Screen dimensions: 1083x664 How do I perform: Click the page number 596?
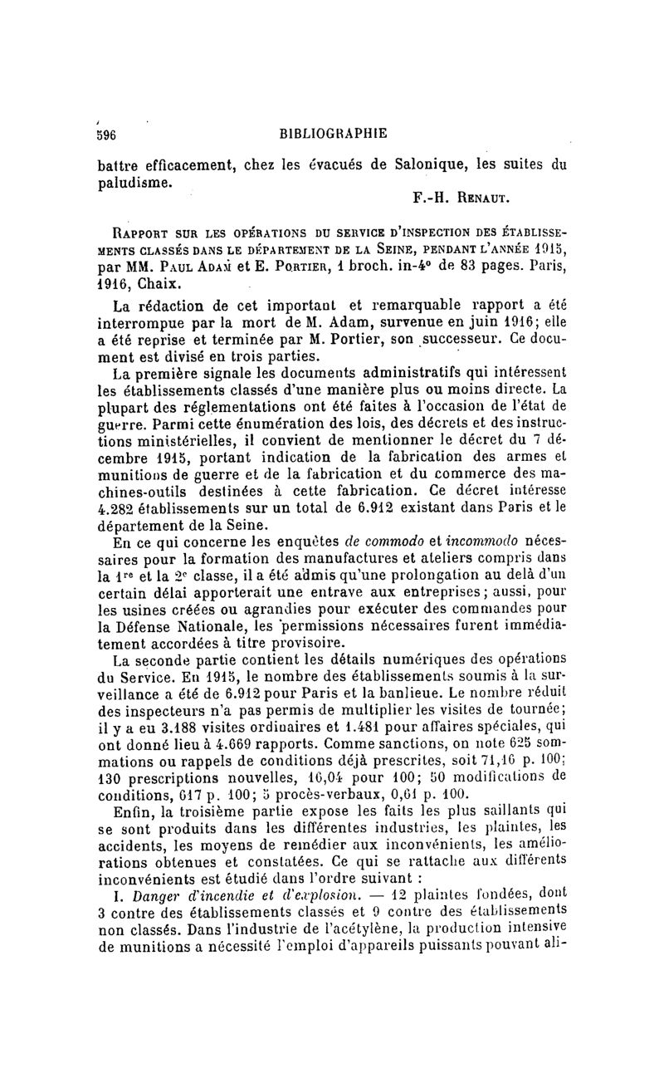click(x=106, y=133)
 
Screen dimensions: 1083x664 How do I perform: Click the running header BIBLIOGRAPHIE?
click(x=334, y=133)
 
